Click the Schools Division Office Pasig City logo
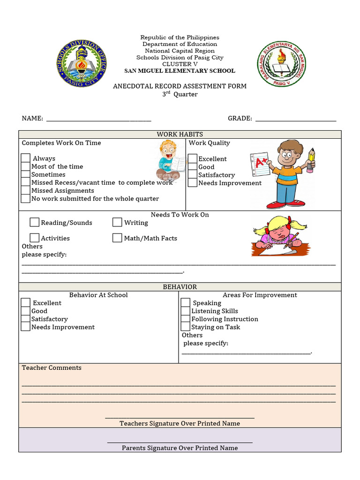(82, 64)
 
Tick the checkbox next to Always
(26, 158)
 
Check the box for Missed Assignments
(26, 190)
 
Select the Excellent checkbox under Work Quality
(193, 158)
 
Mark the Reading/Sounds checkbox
(35, 222)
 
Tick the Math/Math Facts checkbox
(117, 238)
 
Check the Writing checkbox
(117, 222)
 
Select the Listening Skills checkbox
(186, 311)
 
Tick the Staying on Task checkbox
(186, 327)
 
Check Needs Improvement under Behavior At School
(26, 327)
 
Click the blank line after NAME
(98, 119)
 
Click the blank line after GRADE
(295, 119)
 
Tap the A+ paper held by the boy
(260, 164)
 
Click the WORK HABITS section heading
(180, 135)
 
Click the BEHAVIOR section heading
(180, 287)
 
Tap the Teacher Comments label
(52, 368)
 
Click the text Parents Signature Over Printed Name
(180, 448)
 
